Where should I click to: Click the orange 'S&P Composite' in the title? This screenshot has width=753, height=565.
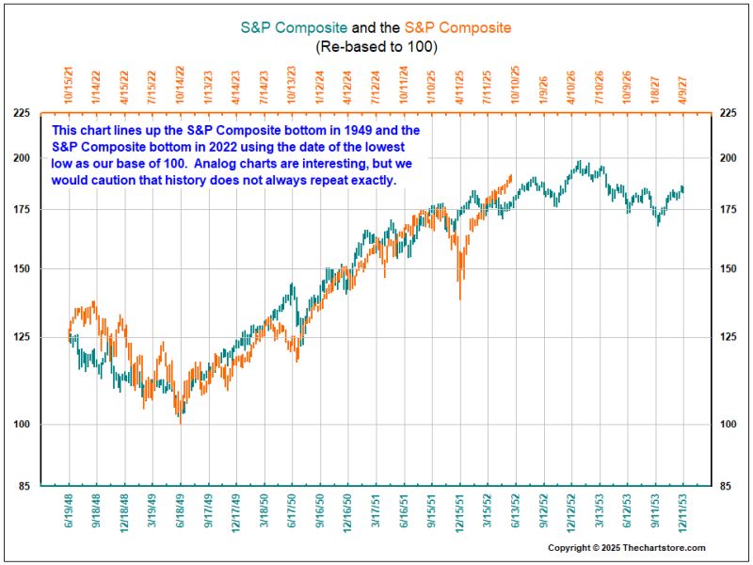tap(457, 27)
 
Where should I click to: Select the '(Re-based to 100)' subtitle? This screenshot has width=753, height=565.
tap(376, 46)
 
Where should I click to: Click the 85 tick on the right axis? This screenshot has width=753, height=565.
tap(726, 486)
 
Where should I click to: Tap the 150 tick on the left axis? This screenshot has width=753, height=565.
tap(20, 269)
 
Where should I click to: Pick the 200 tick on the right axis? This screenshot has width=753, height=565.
tap(728, 158)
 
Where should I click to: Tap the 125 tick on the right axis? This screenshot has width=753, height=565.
tap(728, 337)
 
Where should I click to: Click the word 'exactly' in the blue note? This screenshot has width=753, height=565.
tap(374, 179)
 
